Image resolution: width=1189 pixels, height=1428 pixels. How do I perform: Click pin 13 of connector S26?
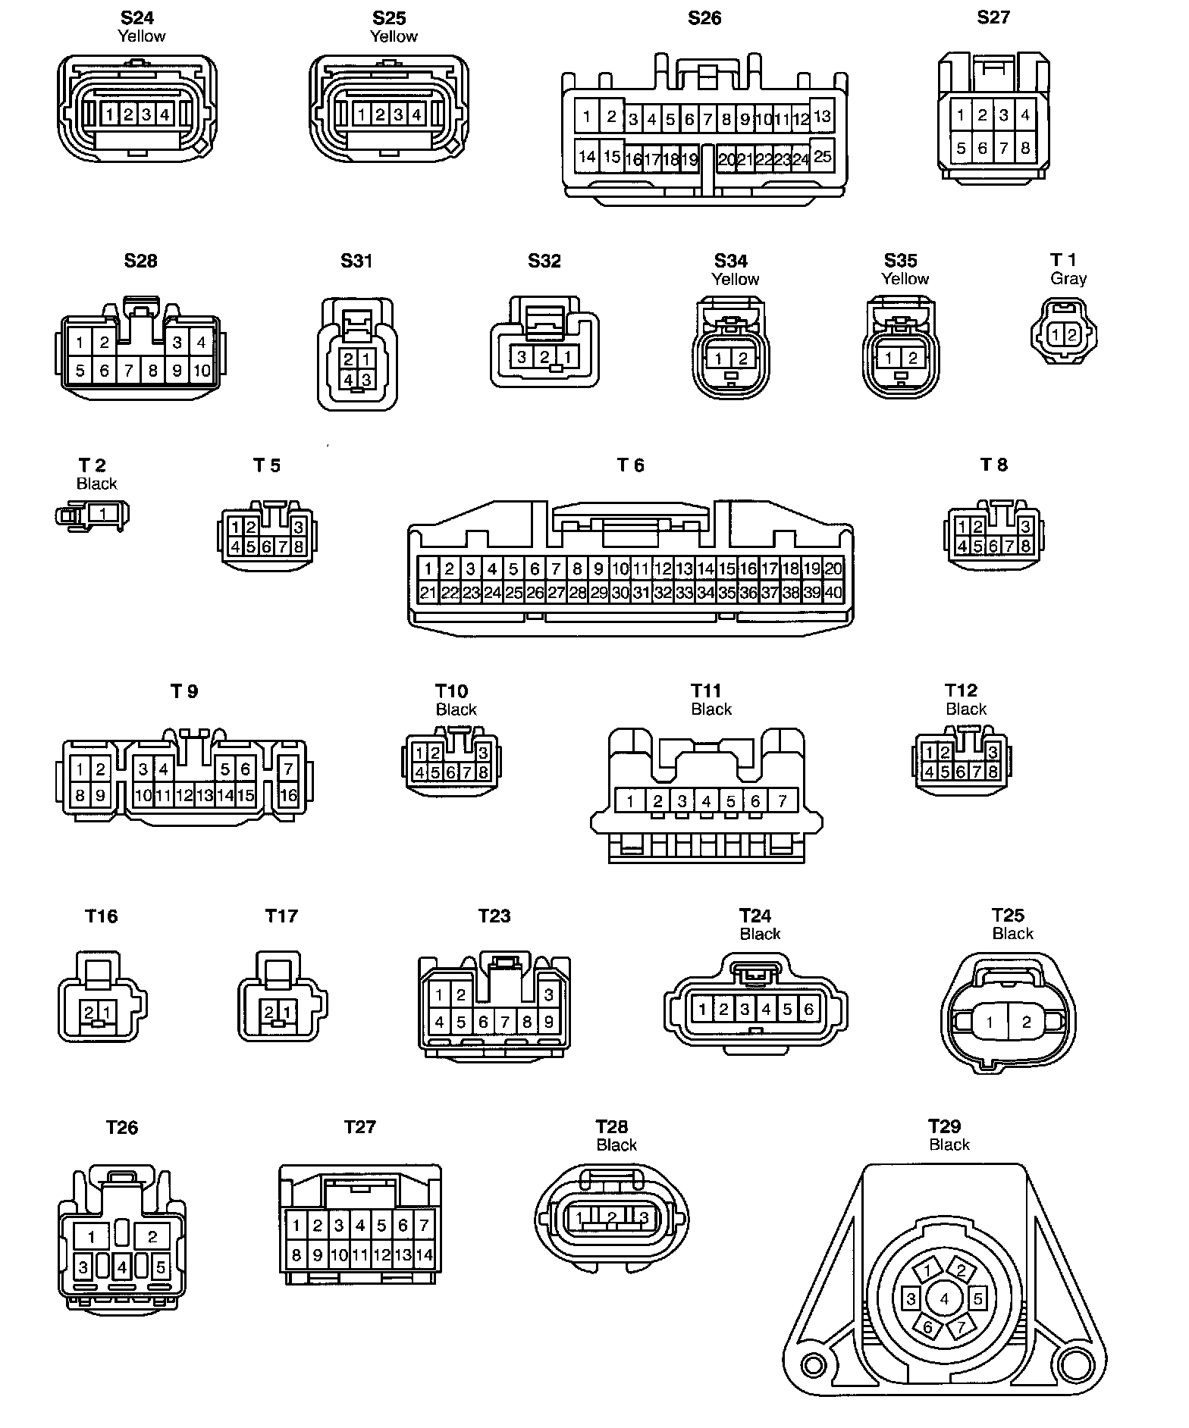(x=822, y=117)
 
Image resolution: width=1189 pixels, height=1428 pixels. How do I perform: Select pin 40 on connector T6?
(x=833, y=593)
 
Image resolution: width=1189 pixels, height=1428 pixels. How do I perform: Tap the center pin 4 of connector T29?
(x=944, y=1299)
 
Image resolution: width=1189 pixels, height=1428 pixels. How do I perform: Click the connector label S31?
(x=356, y=261)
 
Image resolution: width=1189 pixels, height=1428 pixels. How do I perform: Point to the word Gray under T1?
(x=1068, y=279)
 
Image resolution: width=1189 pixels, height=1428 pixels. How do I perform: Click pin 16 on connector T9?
(x=288, y=795)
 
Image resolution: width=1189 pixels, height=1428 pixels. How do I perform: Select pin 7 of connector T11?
(x=782, y=800)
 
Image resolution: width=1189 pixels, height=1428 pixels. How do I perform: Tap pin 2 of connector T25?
(x=1026, y=1022)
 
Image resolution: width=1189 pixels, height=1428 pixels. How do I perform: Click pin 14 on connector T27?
(x=424, y=1255)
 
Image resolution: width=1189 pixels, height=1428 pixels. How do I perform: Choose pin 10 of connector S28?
(x=201, y=371)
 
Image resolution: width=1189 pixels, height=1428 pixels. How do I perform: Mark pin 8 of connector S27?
(x=1025, y=149)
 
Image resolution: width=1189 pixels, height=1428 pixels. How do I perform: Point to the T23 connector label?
(x=494, y=916)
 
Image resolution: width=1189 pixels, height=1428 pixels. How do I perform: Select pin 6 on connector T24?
(x=808, y=1009)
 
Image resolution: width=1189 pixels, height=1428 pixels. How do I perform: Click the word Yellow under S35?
(x=905, y=279)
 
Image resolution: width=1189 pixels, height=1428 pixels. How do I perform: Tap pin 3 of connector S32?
(x=521, y=356)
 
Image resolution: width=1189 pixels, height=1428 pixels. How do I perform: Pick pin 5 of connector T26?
(x=161, y=1267)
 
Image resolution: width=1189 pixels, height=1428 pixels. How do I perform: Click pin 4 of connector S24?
(x=165, y=115)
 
